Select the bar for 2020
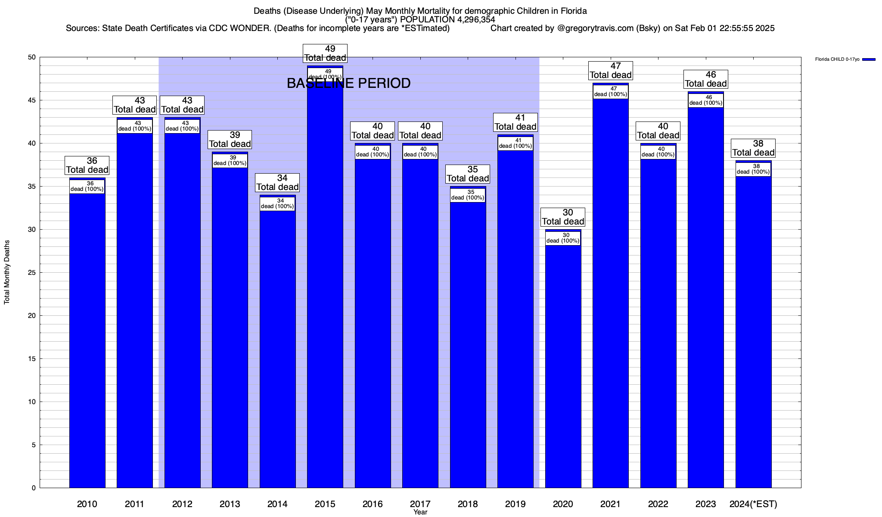[563, 366]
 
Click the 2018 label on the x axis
[468, 504]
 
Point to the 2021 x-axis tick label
[610, 504]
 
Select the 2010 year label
[87, 504]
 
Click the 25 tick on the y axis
[33, 273]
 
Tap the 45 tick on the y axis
[33, 100]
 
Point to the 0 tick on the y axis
[34, 488]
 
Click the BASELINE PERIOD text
[348, 83]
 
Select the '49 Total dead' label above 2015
[325, 53]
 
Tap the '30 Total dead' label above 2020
[563, 217]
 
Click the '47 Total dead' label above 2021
[611, 71]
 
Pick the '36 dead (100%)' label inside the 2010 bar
[87, 187]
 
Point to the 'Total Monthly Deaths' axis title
[7, 272]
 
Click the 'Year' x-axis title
[420, 512]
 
